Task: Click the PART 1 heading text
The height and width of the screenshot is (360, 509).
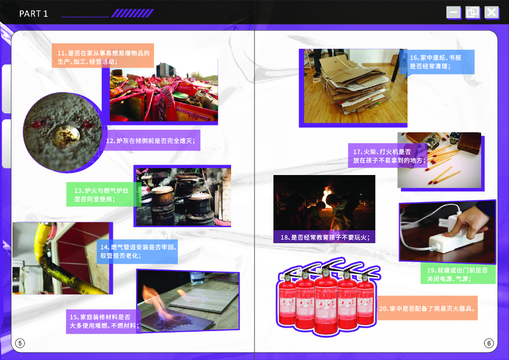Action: click(x=33, y=13)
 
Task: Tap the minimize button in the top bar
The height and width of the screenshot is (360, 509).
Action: click(x=453, y=12)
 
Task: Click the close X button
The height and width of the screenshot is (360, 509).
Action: click(x=492, y=12)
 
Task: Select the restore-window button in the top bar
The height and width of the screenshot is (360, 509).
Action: click(x=472, y=12)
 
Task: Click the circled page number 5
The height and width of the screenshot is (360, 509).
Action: click(x=20, y=343)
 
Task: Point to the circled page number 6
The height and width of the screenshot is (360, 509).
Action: click(x=489, y=343)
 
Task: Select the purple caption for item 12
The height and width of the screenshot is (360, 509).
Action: click(x=151, y=141)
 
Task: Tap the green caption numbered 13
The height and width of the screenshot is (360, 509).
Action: click(x=101, y=194)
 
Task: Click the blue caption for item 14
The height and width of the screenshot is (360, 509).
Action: click(x=137, y=251)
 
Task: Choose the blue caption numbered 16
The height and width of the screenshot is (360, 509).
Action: click(x=436, y=62)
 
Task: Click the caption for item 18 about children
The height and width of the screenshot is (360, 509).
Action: click(x=325, y=237)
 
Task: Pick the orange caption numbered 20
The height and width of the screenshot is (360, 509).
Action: click(x=427, y=308)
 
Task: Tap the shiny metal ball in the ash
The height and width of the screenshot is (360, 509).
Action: click(x=66, y=136)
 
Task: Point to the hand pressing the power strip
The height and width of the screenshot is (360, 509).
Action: click(x=466, y=221)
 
